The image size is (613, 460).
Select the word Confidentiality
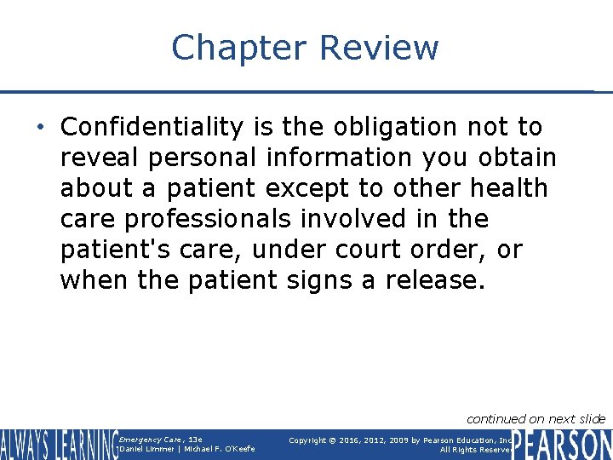tap(152, 128)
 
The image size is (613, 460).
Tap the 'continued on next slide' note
tap(536, 418)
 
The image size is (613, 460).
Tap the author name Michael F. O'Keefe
tap(220, 449)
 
